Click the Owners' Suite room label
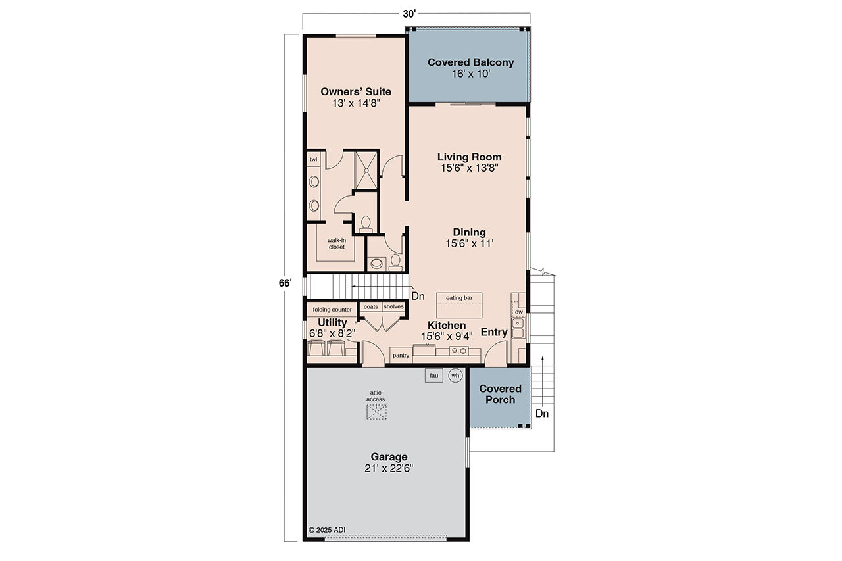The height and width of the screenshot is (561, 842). pyautogui.click(x=355, y=92)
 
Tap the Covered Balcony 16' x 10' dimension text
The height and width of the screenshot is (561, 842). pyautogui.click(x=470, y=74)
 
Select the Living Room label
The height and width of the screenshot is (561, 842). pyautogui.click(x=469, y=157)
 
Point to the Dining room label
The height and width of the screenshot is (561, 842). pyautogui.click(x=469, y=232)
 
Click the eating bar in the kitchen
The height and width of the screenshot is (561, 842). pyautogui.click(x=459, y=299)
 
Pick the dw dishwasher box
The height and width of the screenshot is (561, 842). pyautogui.click(x=518, y=312)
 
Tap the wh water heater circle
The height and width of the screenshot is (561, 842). pyautogui.click(x=455, y=376)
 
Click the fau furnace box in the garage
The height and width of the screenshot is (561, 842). pyautogui.click(x=433, y=376)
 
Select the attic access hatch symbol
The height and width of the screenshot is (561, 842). pyautogui.click(x=376, y=411)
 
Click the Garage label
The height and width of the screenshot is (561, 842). pyautogui.click(x=388, y=457)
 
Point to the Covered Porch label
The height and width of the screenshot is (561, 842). pyautogui.click(x=500, y=394)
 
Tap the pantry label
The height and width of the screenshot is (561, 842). pyautogui.click(x=401, y=356)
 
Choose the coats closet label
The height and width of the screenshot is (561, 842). pyautogui.click(x=370, y=307)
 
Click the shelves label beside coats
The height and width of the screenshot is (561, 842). pyautogui.click(x=393, y=307)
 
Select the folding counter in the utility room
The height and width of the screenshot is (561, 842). pyautogui.click(x=332, y=309)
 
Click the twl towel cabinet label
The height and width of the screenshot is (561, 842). pyautogui.click(x=313, y=159)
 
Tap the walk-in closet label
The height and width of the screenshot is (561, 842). pyautogui.click(x=336, y=243)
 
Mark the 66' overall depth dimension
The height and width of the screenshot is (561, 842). pyautogui.click(x=284, y=283)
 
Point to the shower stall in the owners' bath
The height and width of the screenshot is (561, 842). pyautogui.click(x=366, y=170)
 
